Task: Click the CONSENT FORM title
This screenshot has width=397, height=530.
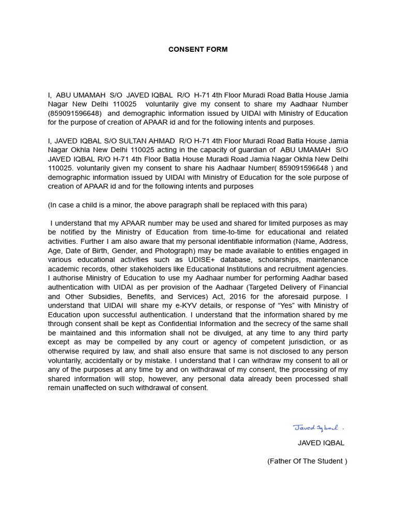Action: [x=198, y=50]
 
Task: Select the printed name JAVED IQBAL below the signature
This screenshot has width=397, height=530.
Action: [x=320, y=443]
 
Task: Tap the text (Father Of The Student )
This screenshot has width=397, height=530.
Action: [x=307, y=461]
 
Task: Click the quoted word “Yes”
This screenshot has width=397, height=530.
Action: [x=281, y=306]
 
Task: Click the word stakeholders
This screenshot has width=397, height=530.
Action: [x=143, y=269]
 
